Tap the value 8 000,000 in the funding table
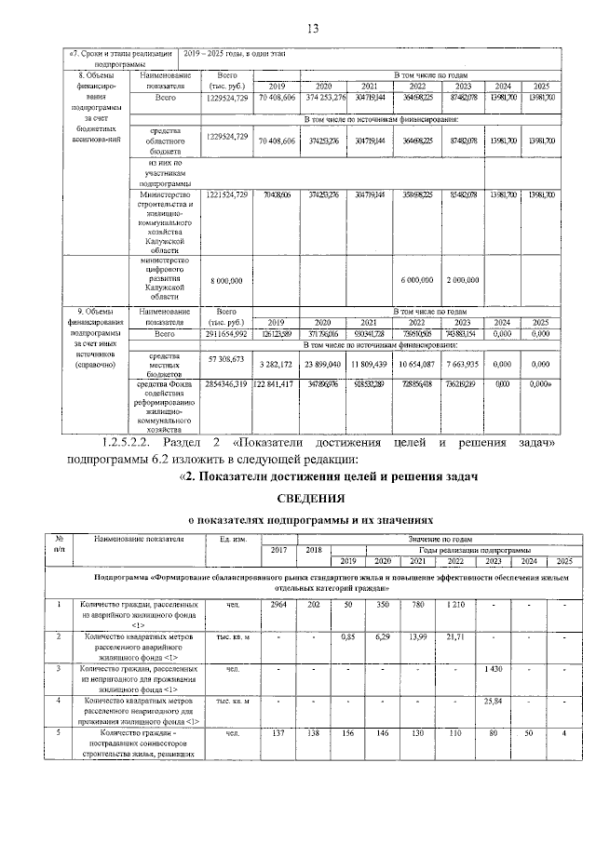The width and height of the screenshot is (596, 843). click(227, 279)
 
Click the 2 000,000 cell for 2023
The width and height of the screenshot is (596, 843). click(461, 279)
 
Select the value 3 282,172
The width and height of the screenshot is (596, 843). click(277, 364)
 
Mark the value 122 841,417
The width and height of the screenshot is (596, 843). click(277, 382)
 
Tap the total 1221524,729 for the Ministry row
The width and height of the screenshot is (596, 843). click(227, 194)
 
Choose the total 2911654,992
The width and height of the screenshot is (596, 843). click(227, 332)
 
